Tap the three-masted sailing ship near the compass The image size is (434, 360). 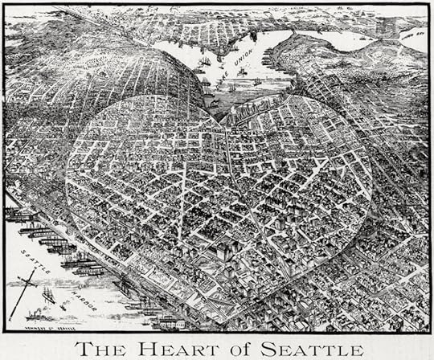[48, 296]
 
